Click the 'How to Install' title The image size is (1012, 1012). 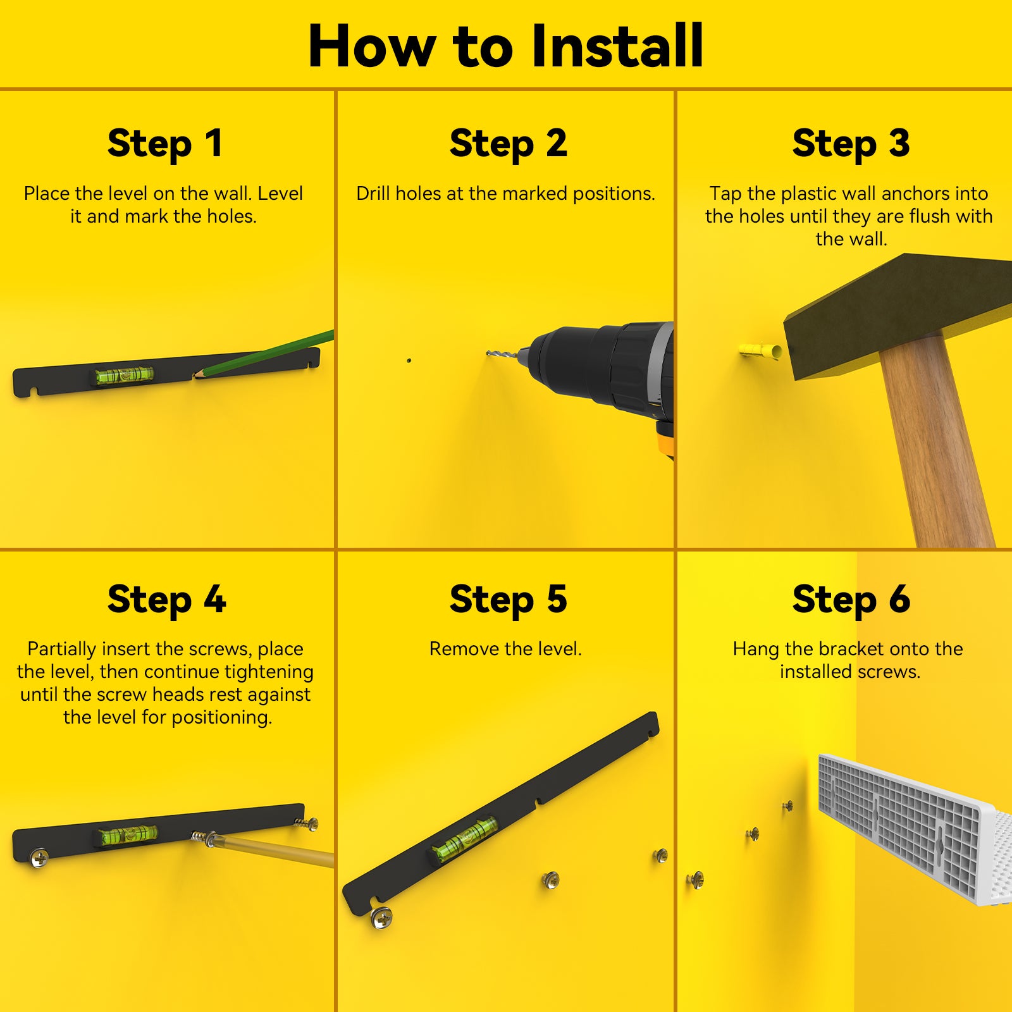click(x=505, y=46)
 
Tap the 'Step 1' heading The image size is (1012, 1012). click(x=165, y=144)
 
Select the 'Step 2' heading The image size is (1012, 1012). click(x=508, y=144)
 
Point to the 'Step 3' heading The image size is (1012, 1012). click(x=851, y=144)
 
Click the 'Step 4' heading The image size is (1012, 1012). click(x=166, y=600)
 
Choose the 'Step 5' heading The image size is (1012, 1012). click(x=508, y=600)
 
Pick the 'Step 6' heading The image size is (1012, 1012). click(x=851, y=600)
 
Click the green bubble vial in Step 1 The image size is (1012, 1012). click(x=125, y=375)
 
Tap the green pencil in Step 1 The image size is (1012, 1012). click(x=263, y=355)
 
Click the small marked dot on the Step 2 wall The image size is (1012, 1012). click(x=409, y=361)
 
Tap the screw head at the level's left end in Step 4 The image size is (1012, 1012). click(x=39, y=858)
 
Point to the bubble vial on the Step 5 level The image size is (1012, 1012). click(x=465, y=839)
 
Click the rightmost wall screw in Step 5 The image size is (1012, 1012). click(x=660, y=856)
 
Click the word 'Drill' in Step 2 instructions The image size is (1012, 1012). click(x=373, y=194)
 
